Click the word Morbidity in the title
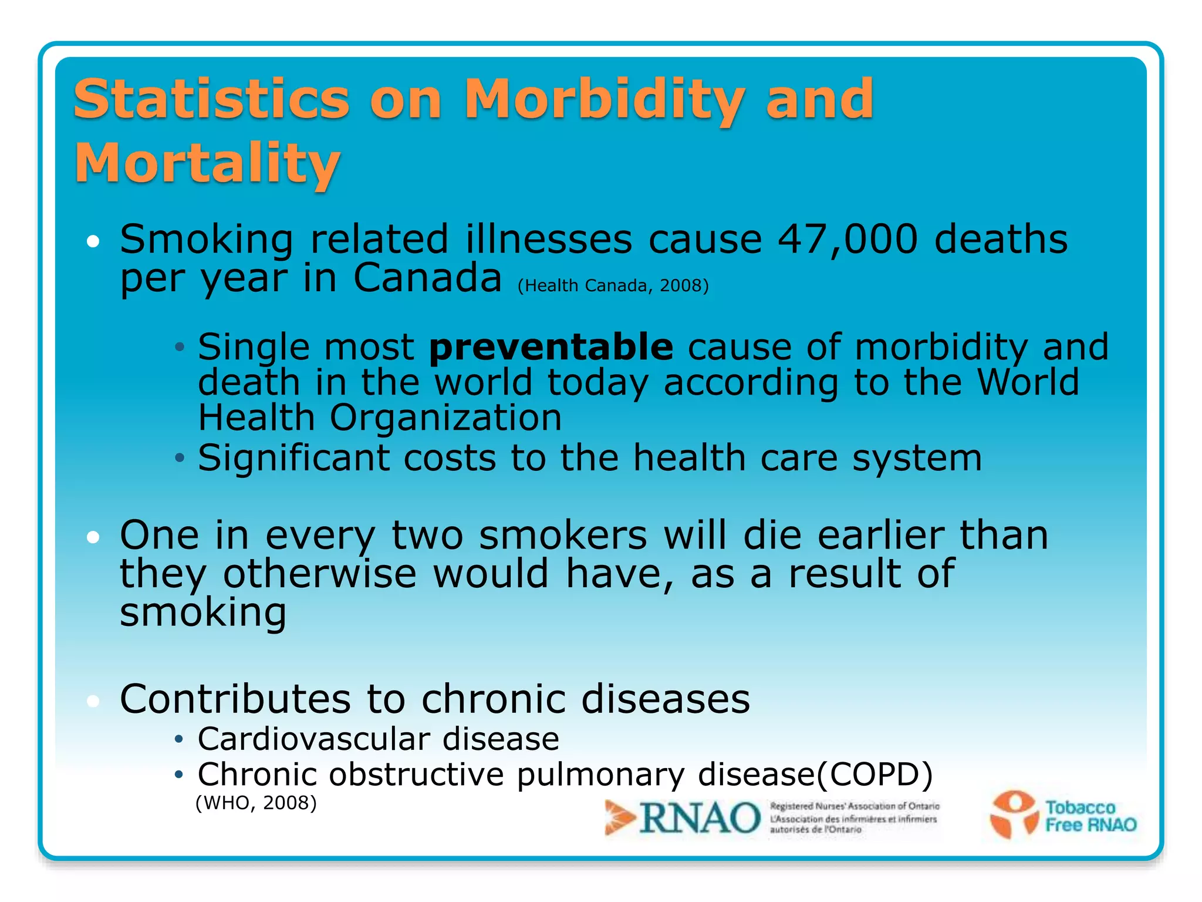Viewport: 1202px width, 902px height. (x=605, y=100)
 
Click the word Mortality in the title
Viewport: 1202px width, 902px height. (x=207, y=164)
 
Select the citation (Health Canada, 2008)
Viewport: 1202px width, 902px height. (x=613, y=286)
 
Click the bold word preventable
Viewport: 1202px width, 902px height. (x=551, y=347)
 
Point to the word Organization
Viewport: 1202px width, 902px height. (x=445, y=418)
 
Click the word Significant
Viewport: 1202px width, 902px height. (x=293, y=458)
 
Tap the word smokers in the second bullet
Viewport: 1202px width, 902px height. (x=563, y=536)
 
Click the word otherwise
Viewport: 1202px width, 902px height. (x=320, y=574)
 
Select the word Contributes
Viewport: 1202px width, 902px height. (x=234, y=699)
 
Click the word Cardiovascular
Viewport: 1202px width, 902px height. (x=314, y=739)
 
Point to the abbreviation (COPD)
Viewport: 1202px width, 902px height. (x=875, y=775)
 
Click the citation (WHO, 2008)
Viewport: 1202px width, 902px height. (x=256, y=803)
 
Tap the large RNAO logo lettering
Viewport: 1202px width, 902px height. (x=700, y=818)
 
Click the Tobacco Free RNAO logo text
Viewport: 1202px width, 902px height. (x=1090, y=816)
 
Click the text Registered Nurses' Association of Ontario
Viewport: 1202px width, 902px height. (x=855, y=807)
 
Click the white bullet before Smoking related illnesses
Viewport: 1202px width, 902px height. (x=93, y=241)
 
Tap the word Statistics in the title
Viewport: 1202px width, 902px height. (x=212, y=100)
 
